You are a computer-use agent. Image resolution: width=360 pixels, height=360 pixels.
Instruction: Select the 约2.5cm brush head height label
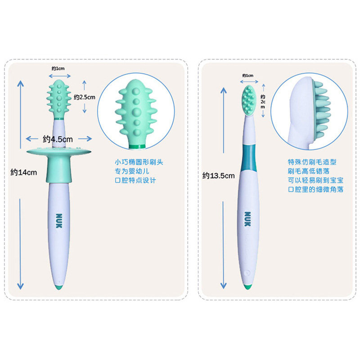point(85,97)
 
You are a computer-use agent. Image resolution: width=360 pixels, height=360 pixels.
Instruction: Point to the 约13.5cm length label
point(218,176)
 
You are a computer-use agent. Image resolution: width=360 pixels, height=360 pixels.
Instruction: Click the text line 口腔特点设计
point(135,180)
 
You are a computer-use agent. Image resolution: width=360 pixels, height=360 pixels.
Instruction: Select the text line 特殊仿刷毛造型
point(311,162)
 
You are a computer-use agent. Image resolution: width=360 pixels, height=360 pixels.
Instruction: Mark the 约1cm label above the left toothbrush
point(58,68)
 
